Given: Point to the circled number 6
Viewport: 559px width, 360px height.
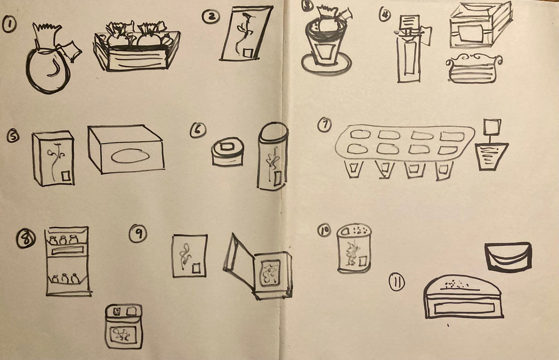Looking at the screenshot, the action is click(x=198, y=130).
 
